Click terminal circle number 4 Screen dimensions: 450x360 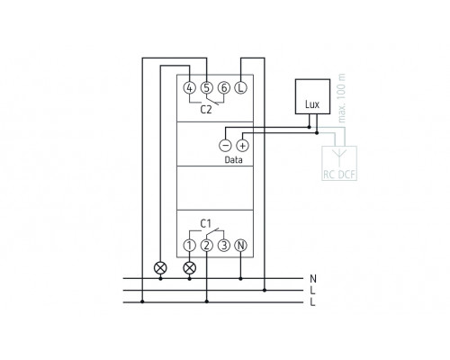[x=189, y=88]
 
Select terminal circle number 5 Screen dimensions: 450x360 [x=207, y=88]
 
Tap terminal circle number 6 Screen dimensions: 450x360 [x=224, y=88]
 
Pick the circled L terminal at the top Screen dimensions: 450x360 [x=240, y=88]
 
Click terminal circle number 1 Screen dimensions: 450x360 [x=189, y=246]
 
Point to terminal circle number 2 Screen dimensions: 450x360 [x=207, y=246]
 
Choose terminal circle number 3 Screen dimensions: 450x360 [x=224, y=246]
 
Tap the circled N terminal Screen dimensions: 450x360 [x=240, y=246]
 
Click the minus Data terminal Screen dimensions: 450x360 [x=225, y=146]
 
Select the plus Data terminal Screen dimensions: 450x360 [x=243, y=146]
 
